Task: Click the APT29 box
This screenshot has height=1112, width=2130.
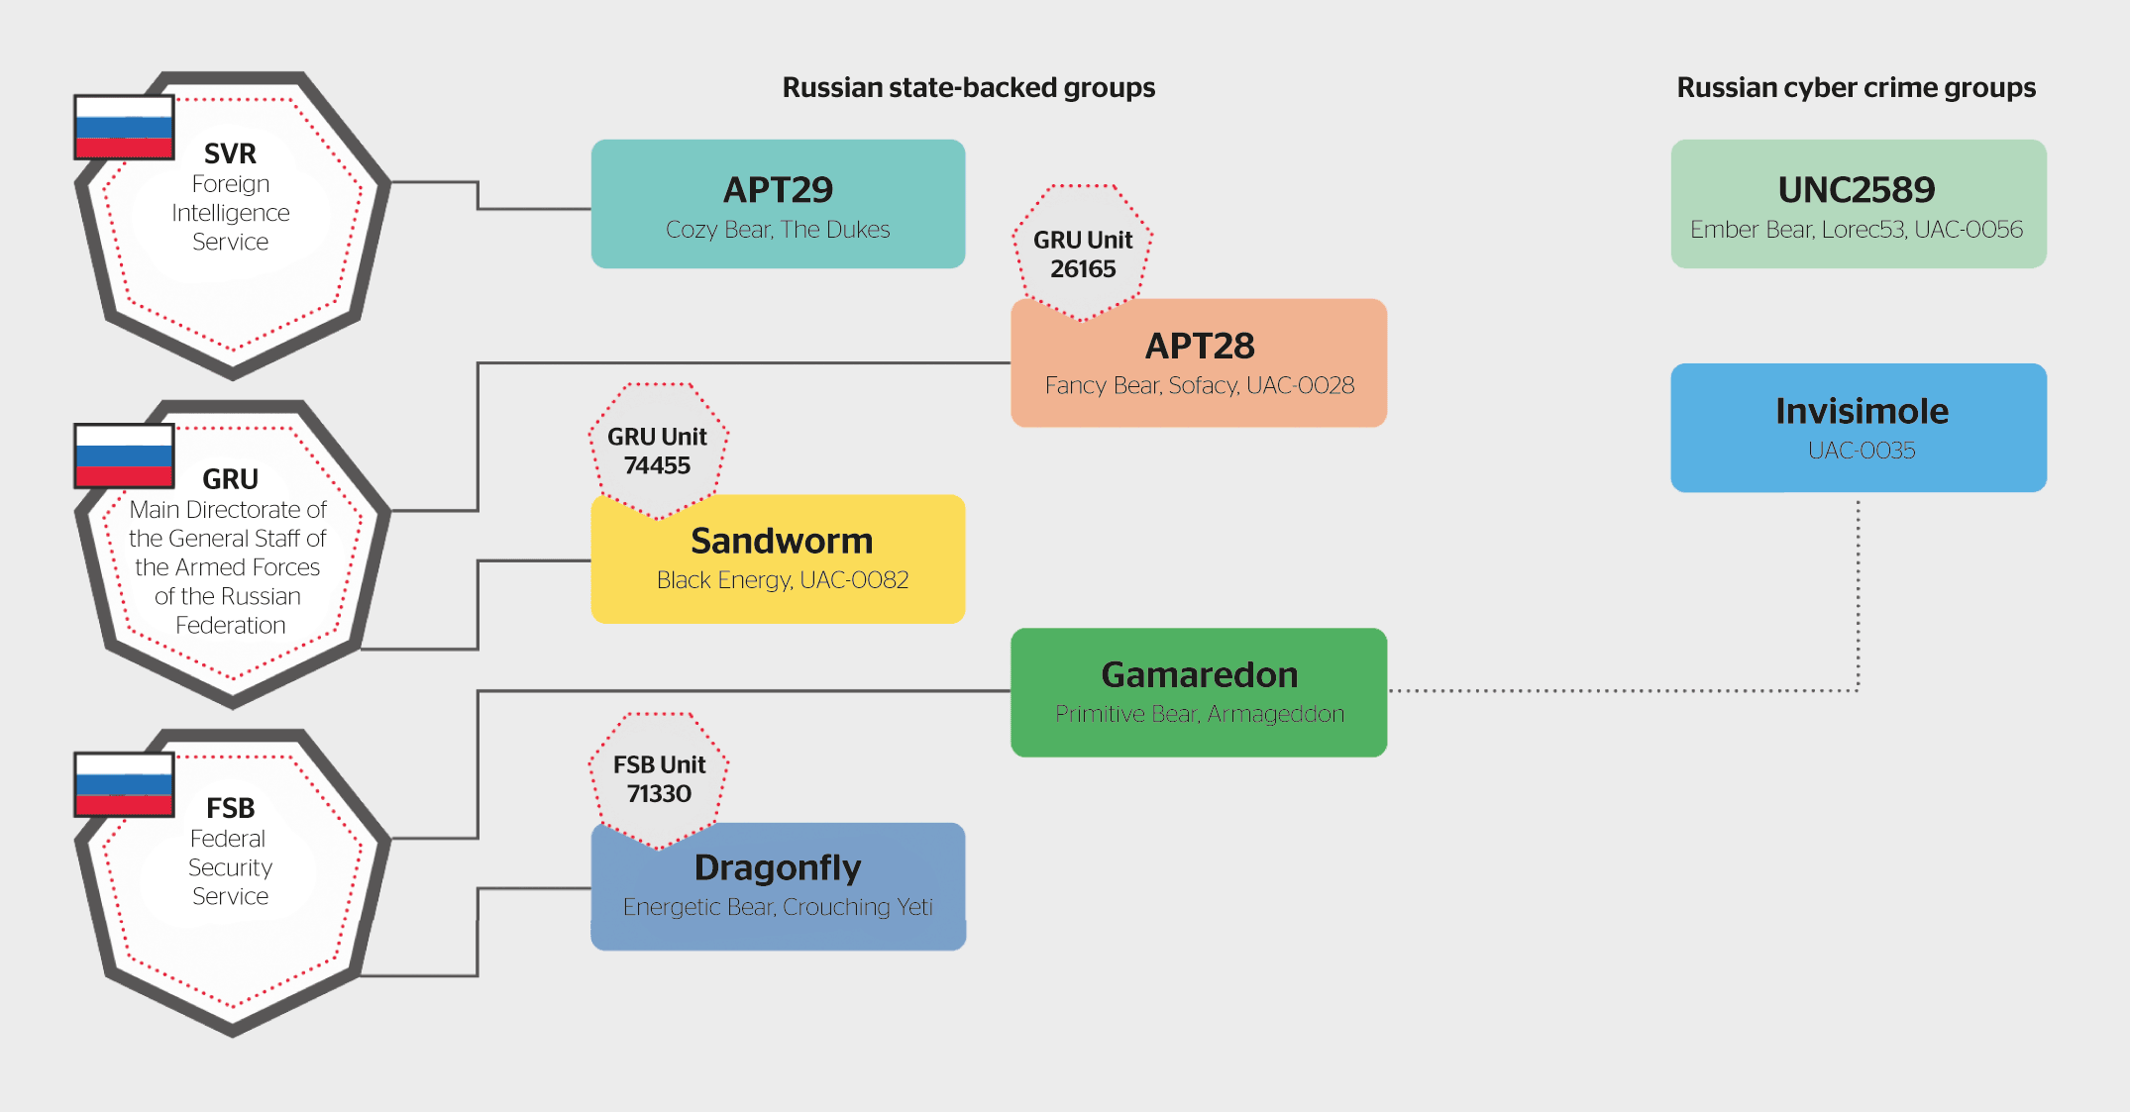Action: tap(778, 203)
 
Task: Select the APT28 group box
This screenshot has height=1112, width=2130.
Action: tap(1199, 362)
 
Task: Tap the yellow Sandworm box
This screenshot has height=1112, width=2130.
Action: tap(778, 558)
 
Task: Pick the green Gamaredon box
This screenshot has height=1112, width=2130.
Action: tap(1199, 692)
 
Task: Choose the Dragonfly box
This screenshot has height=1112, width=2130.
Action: tap(778, 886)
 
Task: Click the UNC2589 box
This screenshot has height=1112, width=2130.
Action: tap(1858, 203)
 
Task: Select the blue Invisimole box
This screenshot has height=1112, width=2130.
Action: tap(1859, 427)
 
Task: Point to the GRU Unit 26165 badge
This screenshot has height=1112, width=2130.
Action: tap(1083, 253)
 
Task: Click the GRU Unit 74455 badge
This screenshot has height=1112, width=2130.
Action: tap(658, 451)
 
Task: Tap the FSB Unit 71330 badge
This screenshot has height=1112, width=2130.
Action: tap(659, 778)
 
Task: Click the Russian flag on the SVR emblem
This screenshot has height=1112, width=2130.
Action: tap(125, 127)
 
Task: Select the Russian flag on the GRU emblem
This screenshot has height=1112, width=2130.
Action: tap(125, 455)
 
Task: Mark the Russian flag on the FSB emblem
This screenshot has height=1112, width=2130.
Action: tap(125, 784)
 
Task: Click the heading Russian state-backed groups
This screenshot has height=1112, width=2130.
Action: tap(968, 87)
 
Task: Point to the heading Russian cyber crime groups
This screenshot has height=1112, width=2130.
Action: tap(1856, 87)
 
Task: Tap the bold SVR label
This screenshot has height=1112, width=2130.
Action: tap(230, 153)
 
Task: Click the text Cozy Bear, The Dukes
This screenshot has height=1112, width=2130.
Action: tap(778, 230)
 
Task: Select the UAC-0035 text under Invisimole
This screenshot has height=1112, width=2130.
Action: tap(1862, 451)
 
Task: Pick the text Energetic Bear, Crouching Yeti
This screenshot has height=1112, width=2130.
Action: tap(778, 907)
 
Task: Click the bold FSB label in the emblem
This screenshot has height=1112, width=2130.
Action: tap(230, 808)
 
